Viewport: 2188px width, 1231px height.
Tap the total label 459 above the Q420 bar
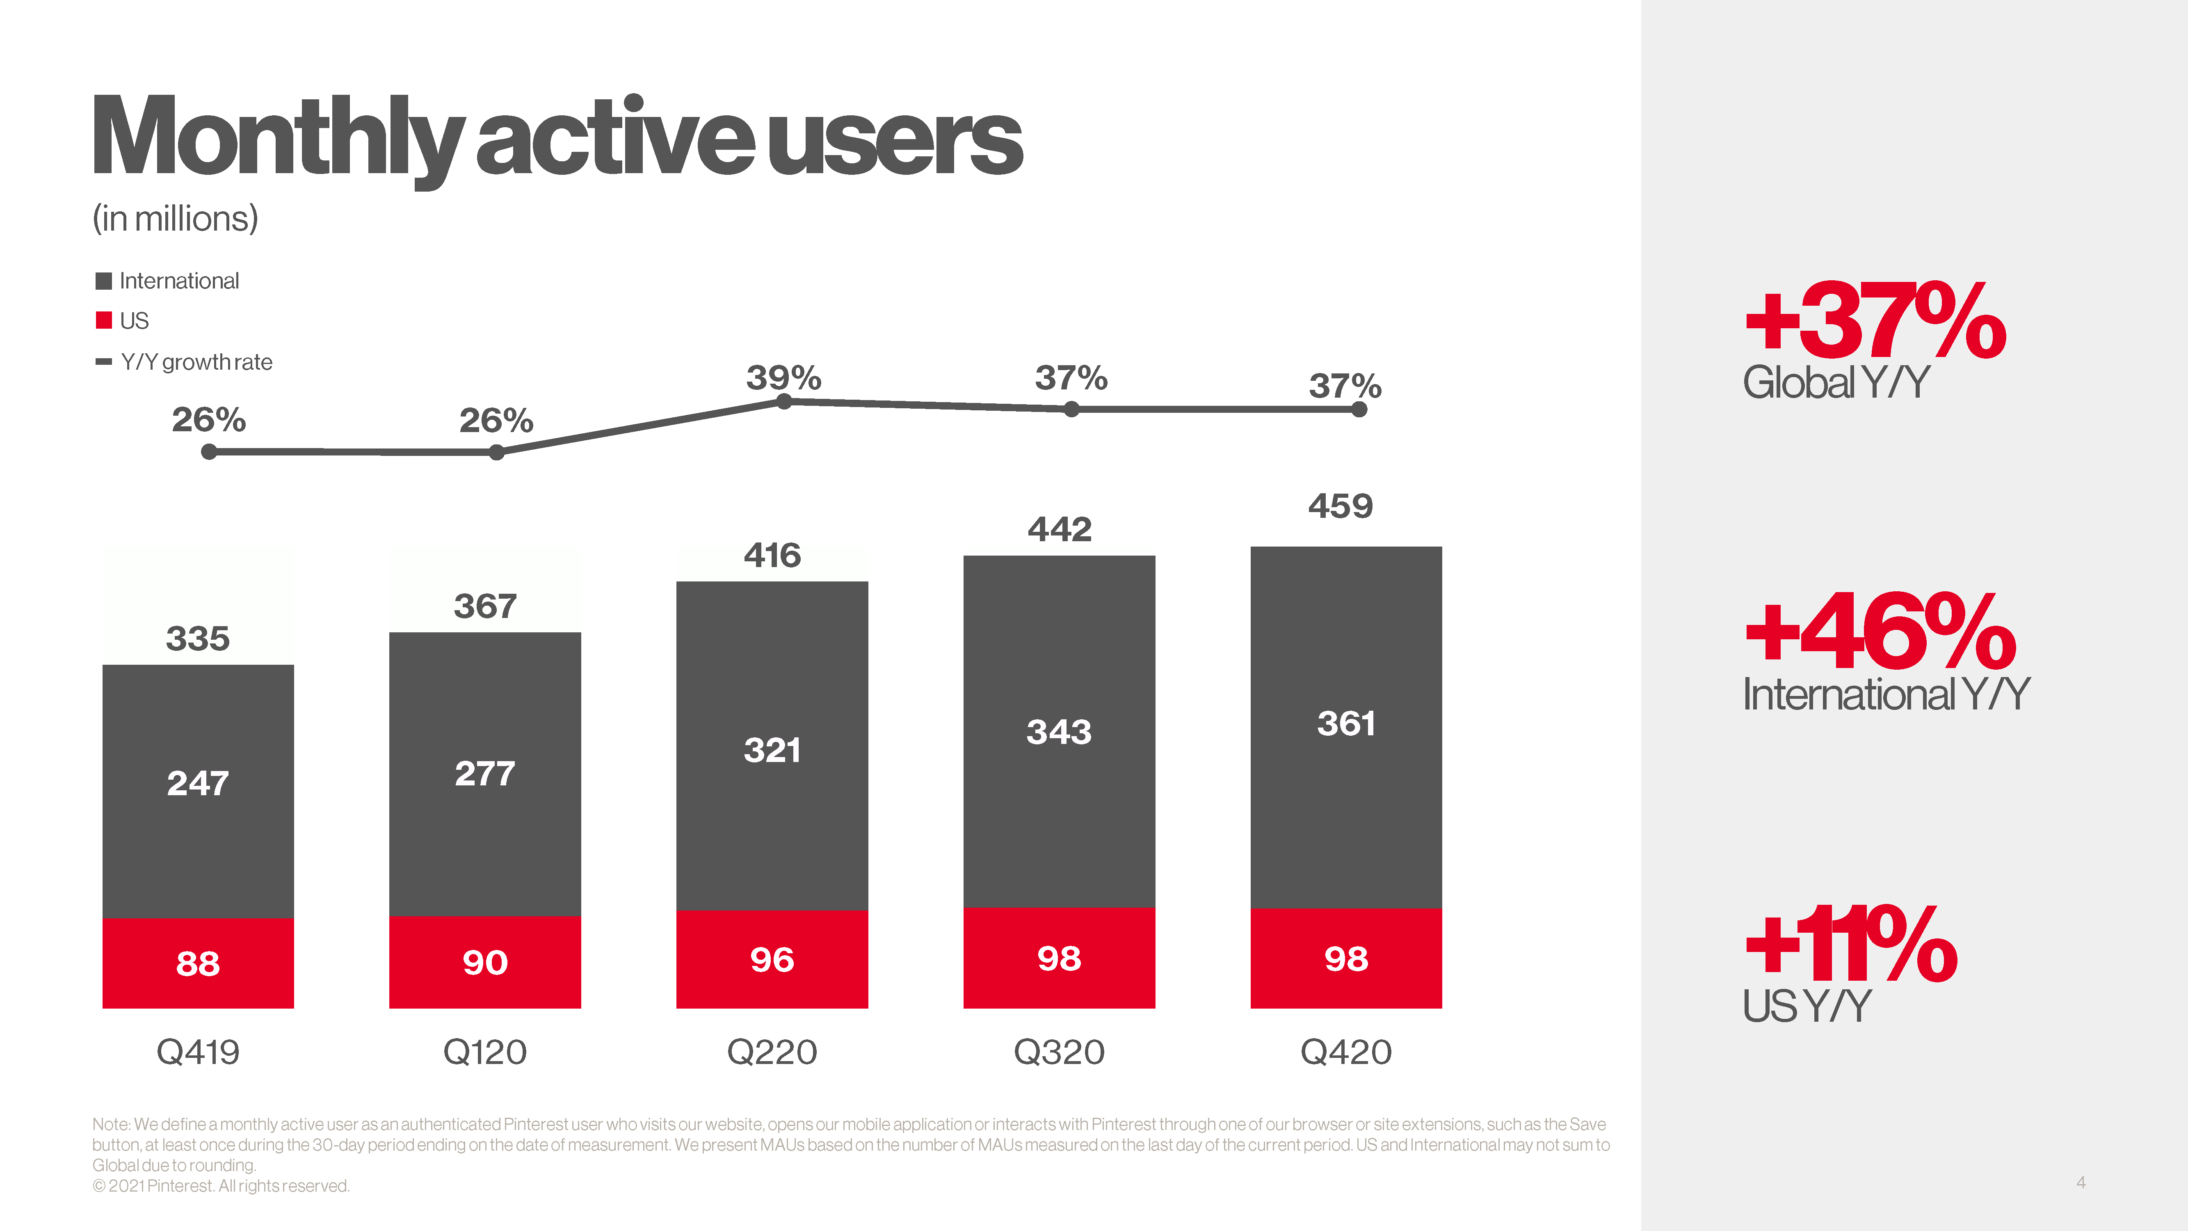coord(1340,506)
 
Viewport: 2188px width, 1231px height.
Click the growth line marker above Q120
coord(497,453)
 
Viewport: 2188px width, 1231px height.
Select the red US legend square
coord(104,320)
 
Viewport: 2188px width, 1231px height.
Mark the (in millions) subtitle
coord(175,218)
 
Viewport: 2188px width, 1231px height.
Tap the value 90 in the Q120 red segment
coord(485,963)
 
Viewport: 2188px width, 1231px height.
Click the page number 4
coord(2080,1182)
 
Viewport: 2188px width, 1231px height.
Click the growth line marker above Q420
coord(1359,410)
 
